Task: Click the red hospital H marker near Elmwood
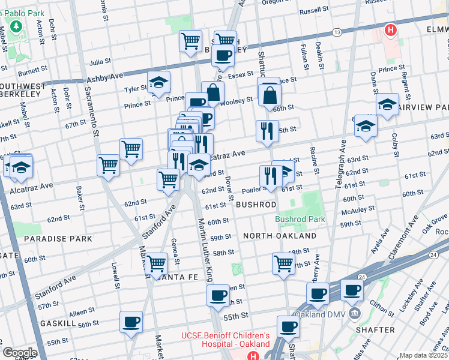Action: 391,29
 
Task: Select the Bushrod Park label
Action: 300,220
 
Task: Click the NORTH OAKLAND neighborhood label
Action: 279,236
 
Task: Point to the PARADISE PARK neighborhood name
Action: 58,239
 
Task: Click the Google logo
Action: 20,352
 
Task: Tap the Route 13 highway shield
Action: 337,31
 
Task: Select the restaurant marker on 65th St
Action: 267,131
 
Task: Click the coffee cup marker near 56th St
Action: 131,322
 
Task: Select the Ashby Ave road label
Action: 104,77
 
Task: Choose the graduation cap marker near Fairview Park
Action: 388,104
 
